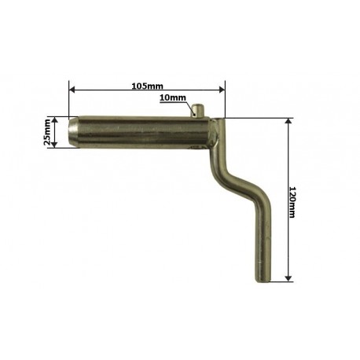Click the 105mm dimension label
pos(147,86)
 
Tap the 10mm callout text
pos(173,97)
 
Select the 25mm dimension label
pos(47,132)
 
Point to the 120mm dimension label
pos(292,202)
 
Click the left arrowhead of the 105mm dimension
pos(72,90)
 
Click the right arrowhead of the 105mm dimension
pos(222,90)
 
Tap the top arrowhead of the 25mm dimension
pos(54,120)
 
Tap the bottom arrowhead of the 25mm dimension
pos(54,145)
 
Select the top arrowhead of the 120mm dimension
pos(288,121)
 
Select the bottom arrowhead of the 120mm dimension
pos(288,279)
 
